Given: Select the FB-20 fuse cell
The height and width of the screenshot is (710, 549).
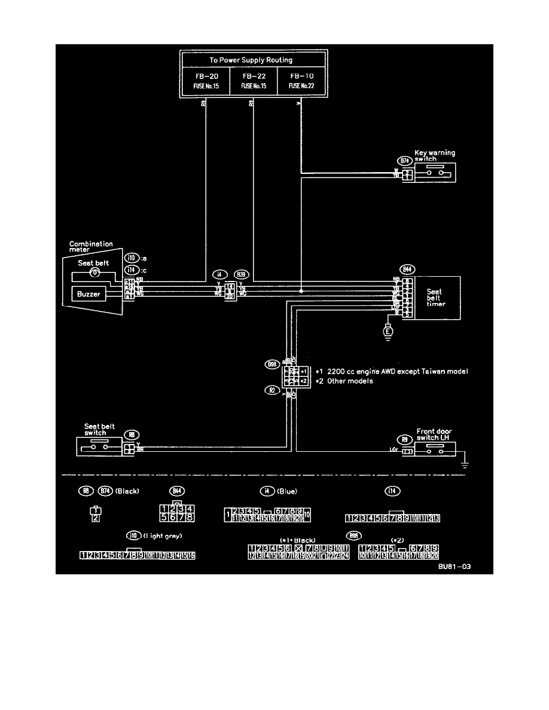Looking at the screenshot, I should (205, 81).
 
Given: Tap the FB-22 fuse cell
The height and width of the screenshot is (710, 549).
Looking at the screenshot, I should (254, 81).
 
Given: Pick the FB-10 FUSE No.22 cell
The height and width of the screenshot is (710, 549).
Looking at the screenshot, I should (301, 81).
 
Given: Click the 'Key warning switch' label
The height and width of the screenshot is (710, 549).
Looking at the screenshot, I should (434, 155).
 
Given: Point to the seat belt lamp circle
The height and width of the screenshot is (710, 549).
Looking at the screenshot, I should (94, 273).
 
